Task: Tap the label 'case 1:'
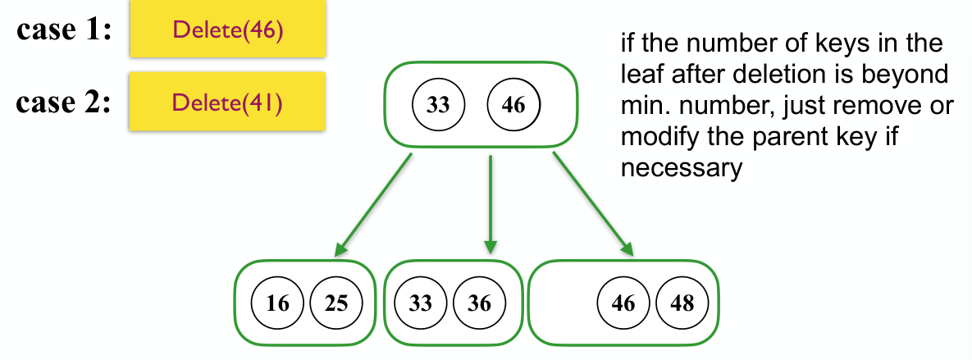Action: (x=65, y=30)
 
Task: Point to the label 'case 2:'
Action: (x=63, y=101)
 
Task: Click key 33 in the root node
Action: (x=439, y=105)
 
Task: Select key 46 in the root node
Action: (x=514, y=105)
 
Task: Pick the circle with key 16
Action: (x=278, y=303)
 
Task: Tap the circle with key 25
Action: (x=336, y=303)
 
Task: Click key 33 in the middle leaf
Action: (x=421, y=303)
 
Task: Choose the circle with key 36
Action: (x=480, y=303)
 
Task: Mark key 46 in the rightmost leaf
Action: (x=623, y=303)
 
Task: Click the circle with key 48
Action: (x=682, y=303)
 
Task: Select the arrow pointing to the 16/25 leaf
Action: (x=372, y=205)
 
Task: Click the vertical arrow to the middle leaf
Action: (x=491, y=204)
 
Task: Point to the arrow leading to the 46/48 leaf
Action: (x=593, y=204)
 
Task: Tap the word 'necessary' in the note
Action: (x=681, y=169)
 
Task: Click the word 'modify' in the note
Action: (x=659, y=137)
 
